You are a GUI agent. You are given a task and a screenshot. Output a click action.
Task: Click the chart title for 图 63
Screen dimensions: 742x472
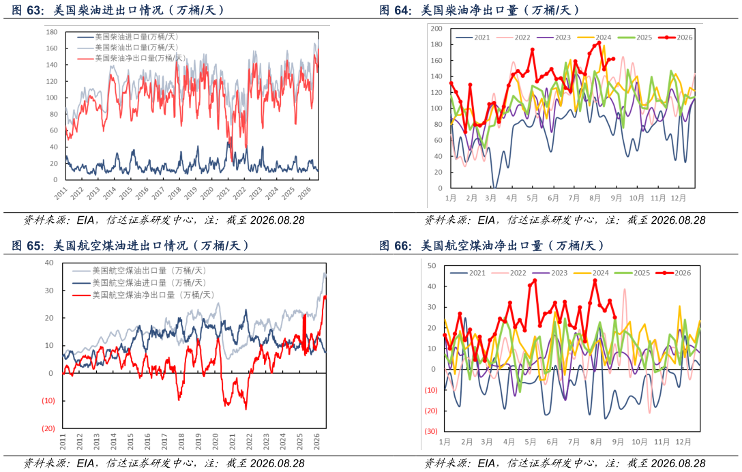coord(117,10)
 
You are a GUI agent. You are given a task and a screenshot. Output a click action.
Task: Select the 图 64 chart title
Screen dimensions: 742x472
coord(479,10)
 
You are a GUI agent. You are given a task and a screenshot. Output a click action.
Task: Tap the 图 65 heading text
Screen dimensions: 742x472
coord(130,246)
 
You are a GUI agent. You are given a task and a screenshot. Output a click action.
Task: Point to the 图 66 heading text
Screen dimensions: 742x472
coord(492,246)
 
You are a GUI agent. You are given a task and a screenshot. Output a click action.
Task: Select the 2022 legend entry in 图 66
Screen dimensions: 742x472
coord(509,273)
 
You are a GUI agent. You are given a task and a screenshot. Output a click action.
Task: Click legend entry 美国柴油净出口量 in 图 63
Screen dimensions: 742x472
coord(132,58)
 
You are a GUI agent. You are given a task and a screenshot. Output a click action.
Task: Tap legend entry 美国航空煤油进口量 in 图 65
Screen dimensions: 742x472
coord(140,282)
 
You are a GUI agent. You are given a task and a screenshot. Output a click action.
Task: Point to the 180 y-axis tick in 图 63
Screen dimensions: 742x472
coord(52,32)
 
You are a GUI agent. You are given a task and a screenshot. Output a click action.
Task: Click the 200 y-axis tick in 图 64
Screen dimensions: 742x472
coord(436,29)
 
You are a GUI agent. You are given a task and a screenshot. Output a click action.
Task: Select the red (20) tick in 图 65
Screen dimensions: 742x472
coord(48,428)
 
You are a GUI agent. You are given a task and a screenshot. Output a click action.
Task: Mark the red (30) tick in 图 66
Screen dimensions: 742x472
coord(430,431)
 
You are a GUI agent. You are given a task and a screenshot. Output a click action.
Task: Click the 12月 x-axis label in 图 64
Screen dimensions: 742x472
coord(678,198)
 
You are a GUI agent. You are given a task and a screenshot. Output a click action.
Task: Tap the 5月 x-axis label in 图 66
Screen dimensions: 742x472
coord(530,442)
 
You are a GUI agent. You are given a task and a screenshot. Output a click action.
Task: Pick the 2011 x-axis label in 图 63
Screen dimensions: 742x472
coord(61,192)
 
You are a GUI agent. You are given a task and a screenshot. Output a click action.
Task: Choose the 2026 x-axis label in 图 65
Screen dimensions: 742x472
coord(316,441)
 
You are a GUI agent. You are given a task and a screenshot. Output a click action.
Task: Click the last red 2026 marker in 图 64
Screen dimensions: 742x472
coord(613,59)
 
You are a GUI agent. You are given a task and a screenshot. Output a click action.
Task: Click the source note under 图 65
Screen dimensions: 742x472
coord(164,462)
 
